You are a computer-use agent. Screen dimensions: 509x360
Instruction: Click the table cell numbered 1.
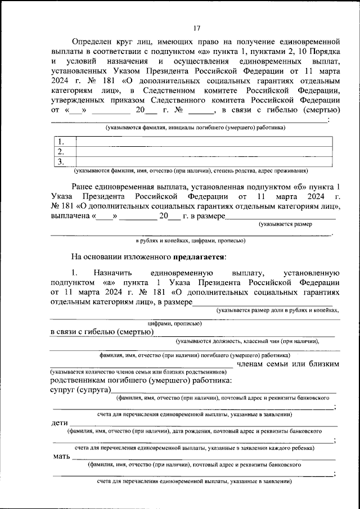click(x=65, y=142)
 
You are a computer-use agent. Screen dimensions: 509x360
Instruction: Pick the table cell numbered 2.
click(x=65, y=152)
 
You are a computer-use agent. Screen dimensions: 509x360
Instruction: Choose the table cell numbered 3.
click(x=65, y=162)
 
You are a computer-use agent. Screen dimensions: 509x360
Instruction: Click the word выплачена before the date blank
click(x=71, y=216)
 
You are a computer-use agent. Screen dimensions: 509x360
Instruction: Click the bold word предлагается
click(x=199, y=257)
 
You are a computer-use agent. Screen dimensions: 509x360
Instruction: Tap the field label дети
click(x=59, y=422)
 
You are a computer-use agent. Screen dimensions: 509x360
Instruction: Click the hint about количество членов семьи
click(x=140, y=372)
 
